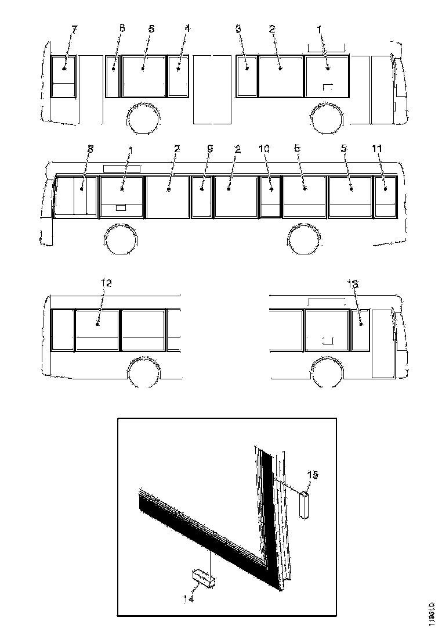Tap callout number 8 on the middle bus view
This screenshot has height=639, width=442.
pyautogui.click(x=89, y=149)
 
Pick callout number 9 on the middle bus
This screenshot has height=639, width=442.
pyautogui.click(x=210, y=149)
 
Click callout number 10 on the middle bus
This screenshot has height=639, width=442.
pyautogui.click(x=264, y=149)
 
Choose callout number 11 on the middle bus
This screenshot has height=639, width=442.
pyautogui.click(x=377, y=149)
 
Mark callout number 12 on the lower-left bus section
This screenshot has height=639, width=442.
pyautogui.click(x=106, y=283)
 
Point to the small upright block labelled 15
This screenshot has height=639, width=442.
pyautogui.click(x=305, y=502)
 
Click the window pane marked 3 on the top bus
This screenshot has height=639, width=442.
pyautogui.click(x=247, y=77)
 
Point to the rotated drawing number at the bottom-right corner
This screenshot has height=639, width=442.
pyautogui.click(x=432, y=613)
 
